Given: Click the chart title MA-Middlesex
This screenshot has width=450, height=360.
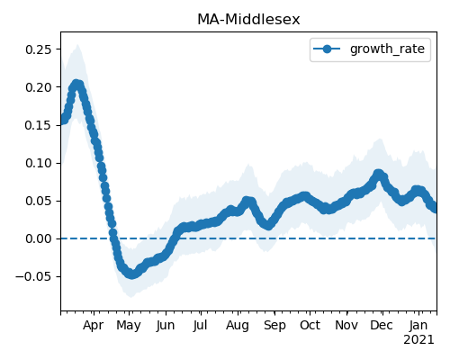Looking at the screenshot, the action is pyautogui.click(x=248, y=20).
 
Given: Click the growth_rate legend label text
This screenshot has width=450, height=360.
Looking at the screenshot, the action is pyautogui.click(x=387, y=49).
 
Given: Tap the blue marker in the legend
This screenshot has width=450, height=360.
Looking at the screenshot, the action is pyautogui.click(x=327, y=49).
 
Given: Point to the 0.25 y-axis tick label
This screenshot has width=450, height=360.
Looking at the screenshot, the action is pyautogui.click(x=39, y=49).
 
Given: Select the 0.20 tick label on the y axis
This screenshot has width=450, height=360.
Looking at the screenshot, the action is pyautogui.click(x=39, y=87).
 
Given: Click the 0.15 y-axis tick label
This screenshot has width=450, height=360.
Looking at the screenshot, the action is pyautogui.click(x=39, y=125).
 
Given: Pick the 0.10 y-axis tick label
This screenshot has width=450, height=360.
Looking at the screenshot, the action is pyautogui.click(x=39, y=163).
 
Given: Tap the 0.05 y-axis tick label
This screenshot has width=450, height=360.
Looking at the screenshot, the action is pyautogui.click(x=39, y=201).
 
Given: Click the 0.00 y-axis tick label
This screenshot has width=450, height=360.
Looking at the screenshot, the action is pyautogui.click(x=39, y=238).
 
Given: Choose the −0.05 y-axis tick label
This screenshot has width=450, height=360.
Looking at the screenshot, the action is pyautogui.click(x=33, y=276).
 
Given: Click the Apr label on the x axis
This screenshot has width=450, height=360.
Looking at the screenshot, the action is pyautogui.click(x=94, y=326).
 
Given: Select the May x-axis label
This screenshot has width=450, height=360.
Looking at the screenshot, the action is pyautogui.click(x=129, y=326).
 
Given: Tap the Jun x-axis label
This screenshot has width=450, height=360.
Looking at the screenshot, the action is pyautogui.click(x=166, y=326).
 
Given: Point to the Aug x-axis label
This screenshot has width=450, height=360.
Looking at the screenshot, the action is pyautogui.click(x=238, y=326).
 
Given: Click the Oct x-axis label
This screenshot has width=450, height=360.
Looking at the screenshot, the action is pyautogui.click(x=310, y=326).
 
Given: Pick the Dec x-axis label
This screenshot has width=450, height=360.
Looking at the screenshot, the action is pyautogui.click(x=382, y=326).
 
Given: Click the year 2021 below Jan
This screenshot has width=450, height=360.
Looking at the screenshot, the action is pyautogui.click(x=418, y=340).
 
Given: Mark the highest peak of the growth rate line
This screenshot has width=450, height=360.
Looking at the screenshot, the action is pyautogui.click(x=76, y=85).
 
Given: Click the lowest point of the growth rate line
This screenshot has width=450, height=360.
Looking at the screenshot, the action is pyautogui.click(x=132, y=274).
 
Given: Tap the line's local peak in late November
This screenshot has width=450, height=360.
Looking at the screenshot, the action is pyautogui.click(x=379, y=174).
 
